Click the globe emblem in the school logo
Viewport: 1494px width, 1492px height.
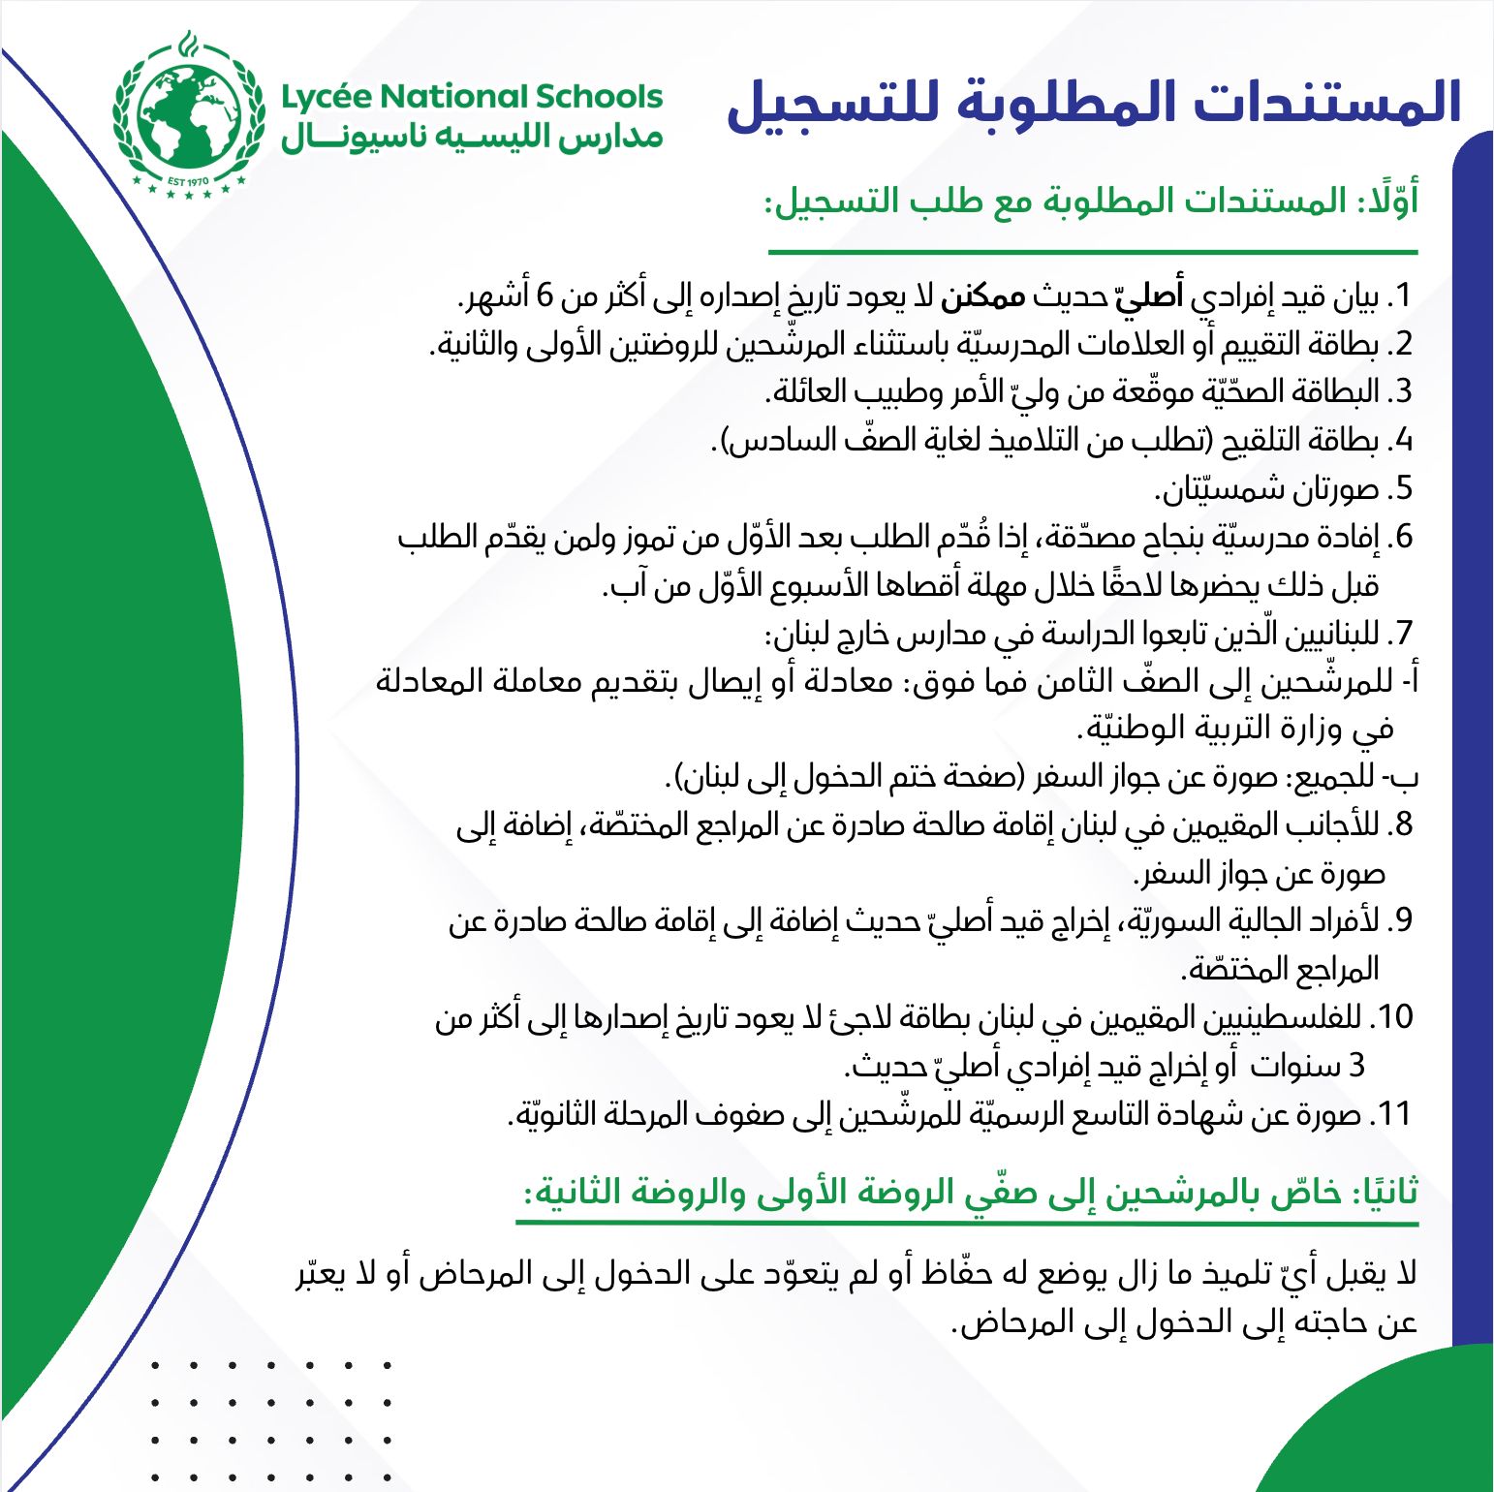pyautogui.click(x=187, y=115)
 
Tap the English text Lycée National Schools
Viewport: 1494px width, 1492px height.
pyautogui.click(x=472, y=97)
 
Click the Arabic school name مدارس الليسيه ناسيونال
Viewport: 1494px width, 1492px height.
pyautogui.click(x=472, y=138)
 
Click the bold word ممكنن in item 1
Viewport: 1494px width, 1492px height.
pyautogui.click(x=982, y=296)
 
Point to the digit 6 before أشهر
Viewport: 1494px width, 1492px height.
pyautogui.click(x=545, y=295)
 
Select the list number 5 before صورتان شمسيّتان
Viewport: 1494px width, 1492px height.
pyautogui.click(x=1403, y=488)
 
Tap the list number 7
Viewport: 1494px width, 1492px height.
pyautogui.click(x=1403, y=634)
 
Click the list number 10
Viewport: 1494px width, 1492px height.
pyautogui.click(x=1394, y=1016)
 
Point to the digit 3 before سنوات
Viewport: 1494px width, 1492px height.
pyautogui.click(x=1356, y=1066)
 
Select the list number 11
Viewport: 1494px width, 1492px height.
pyautogui.click(x=1393, y=1114)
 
